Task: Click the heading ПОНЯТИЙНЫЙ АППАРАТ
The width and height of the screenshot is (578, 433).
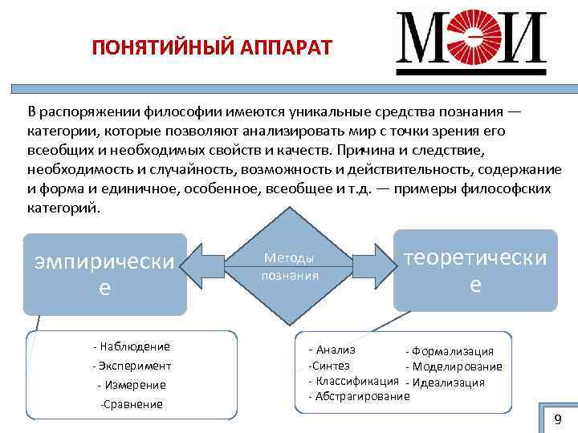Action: (211, 46)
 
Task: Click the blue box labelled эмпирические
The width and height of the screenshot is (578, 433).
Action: (104, 273)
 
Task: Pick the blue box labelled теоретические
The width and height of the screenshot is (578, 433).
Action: (475, 270)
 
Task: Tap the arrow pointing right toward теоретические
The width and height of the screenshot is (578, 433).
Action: (370, 266)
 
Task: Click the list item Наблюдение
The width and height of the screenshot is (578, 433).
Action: (132, 346)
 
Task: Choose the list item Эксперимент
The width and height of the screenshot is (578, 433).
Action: (132, 366)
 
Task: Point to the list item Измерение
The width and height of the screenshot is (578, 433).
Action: (132, 385)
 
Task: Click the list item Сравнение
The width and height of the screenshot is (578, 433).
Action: (132, 404)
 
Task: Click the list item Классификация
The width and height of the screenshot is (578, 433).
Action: (354, 380)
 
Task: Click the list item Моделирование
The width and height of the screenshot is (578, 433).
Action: (454, 366)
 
